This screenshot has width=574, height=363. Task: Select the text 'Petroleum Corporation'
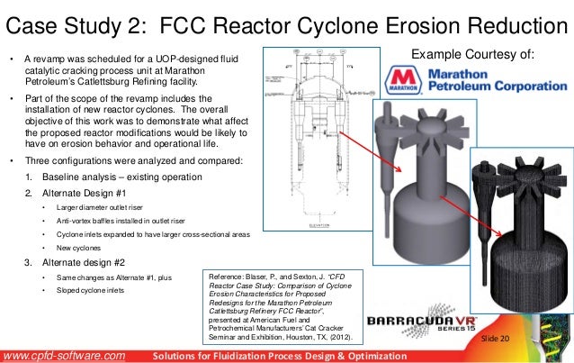tap(496, 87)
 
